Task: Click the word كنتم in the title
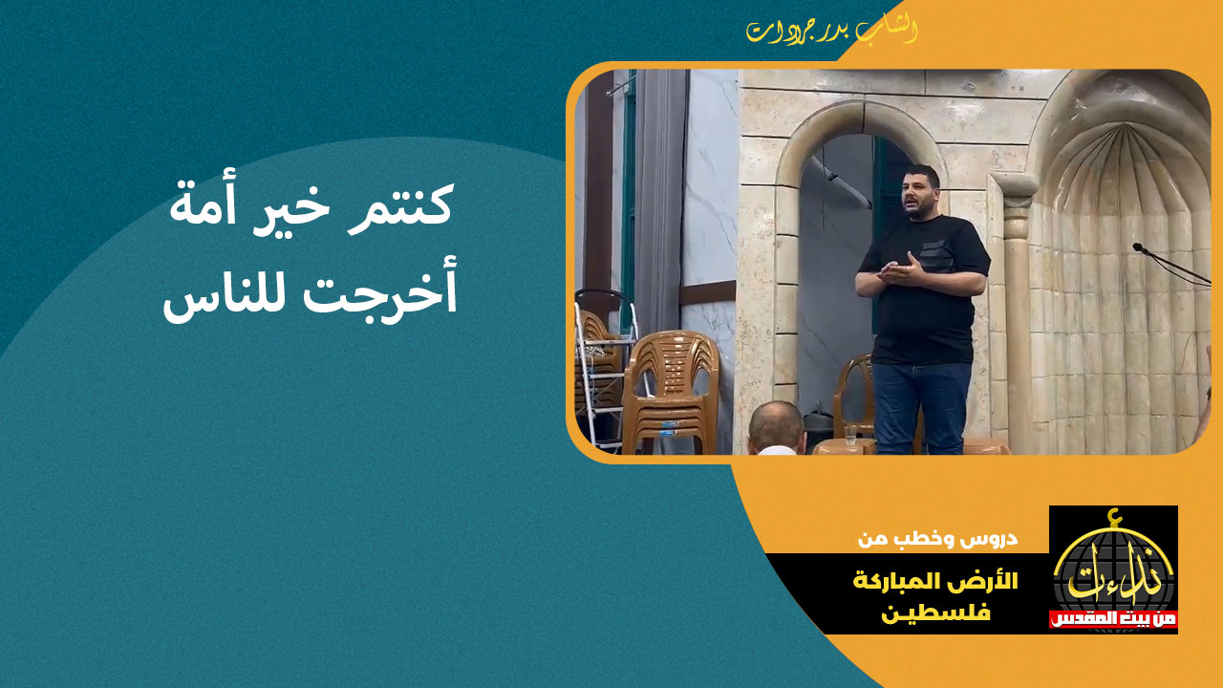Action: point(401,204)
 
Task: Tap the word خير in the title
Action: point(290,208)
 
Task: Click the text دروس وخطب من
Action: point(937,539)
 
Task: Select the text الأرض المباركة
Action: point(935,581)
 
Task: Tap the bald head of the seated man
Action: point(776,426)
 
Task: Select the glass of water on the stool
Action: point(850,434)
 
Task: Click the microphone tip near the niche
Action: point(1138,247)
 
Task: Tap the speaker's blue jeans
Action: point(922,407)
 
